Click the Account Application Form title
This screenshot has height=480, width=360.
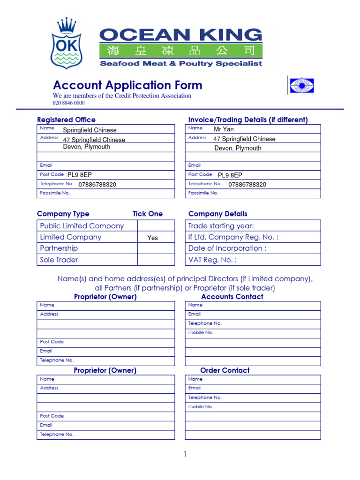[x=127, y=85]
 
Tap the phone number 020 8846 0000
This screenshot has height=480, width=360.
[x=68, y=103]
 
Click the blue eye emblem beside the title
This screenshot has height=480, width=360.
[x=301, y=86]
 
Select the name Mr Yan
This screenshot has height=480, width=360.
[x=224, y=129]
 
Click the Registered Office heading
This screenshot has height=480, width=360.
[x=66, y=120]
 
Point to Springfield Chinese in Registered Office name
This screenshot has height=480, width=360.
[x=90, y=130]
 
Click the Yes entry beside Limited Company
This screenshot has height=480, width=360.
[x=152, y=238]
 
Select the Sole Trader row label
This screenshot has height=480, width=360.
[x=59, y=260]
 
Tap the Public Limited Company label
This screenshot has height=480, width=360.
[x=82, y=226]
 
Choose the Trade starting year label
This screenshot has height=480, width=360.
[x=221, y=226]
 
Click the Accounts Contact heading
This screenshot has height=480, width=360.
[x=232, y=297]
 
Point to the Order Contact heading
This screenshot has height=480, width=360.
[x=225, y=370]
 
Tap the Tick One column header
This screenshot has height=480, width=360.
[x=148, y=214]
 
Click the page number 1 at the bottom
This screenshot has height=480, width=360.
[x=185, y=454]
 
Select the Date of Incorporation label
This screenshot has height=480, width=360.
[x=227, y=248]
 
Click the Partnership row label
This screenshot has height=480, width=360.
[x=59, y=248]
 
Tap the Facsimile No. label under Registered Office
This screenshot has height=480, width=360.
[x=55, y=193]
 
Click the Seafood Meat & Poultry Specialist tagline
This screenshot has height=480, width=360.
[x=181, y=64]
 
